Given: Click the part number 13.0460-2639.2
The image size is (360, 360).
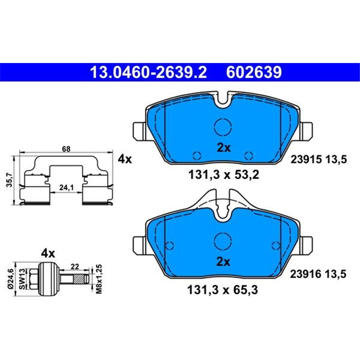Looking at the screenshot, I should (x=148, y=72).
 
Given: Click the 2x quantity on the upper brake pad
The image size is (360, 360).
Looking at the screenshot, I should (x=223, y=148).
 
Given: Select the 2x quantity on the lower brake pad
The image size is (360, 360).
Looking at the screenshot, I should (x=223, y=261).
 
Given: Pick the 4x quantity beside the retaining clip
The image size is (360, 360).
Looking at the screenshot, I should (x=124, y=159).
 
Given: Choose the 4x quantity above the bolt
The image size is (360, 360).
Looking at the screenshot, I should (x=48, y=253).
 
